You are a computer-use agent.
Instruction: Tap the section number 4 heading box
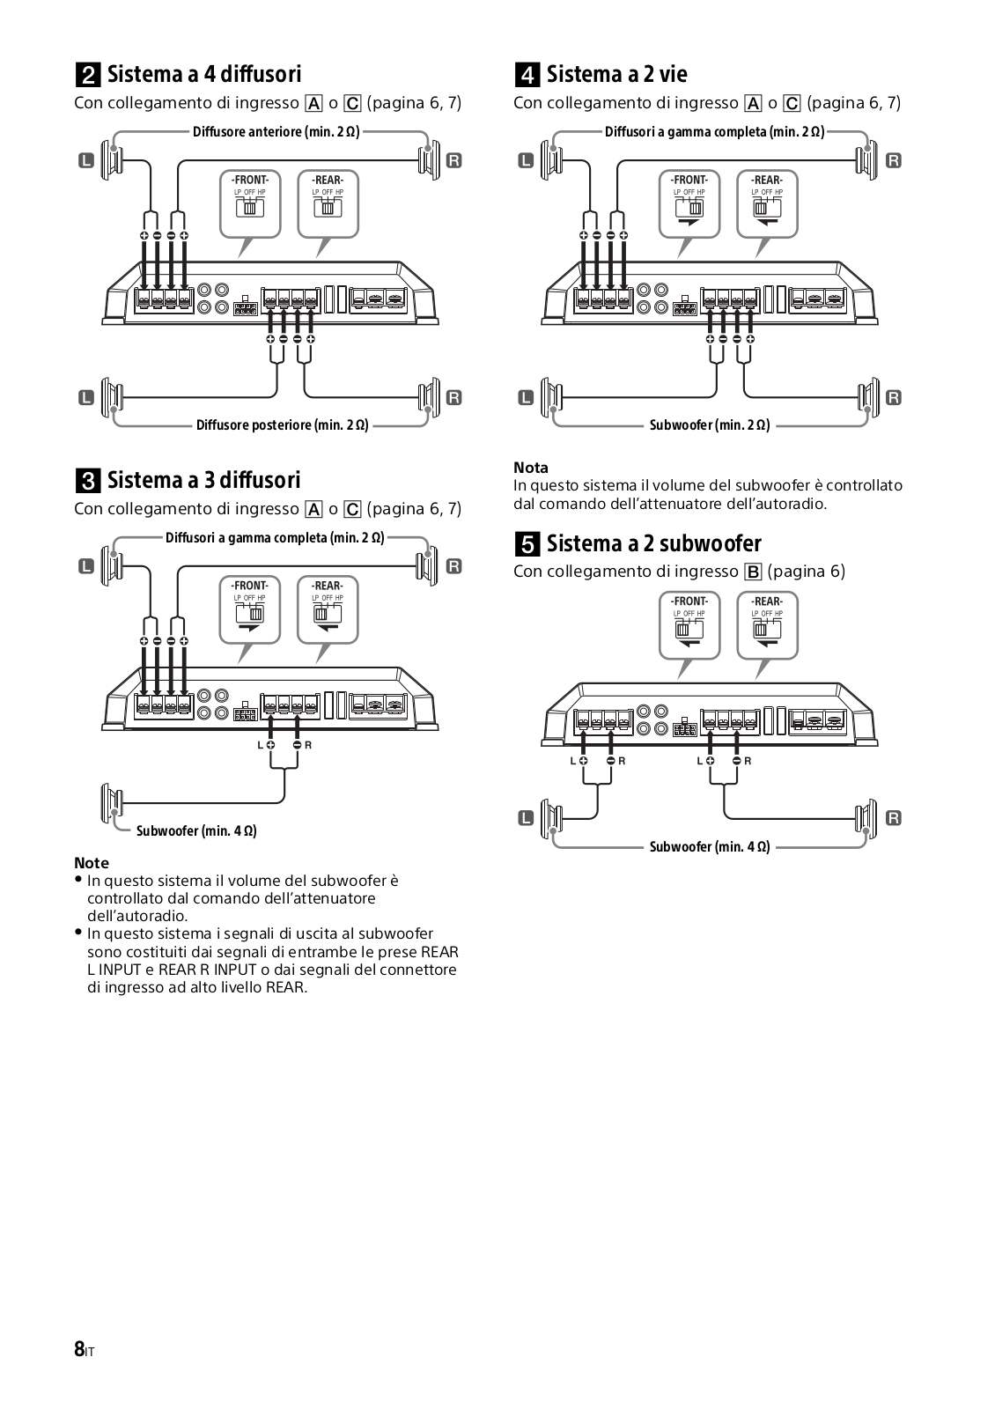[526, 74]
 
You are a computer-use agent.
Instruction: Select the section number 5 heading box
[526, 543]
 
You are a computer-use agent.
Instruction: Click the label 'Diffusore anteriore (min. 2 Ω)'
[276, 132]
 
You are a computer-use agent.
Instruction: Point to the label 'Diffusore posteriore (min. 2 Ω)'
[282, 425]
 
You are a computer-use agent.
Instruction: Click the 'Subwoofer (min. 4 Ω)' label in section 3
[196, 830]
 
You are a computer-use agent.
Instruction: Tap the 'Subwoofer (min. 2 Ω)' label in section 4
[710, 425]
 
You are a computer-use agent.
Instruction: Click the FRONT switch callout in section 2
[250, 203]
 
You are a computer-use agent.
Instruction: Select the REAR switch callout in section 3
[328, 609]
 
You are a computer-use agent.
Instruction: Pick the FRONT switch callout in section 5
[690, 624]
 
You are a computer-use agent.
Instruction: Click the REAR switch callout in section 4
[767, 203]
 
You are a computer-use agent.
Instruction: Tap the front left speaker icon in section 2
[112, 159]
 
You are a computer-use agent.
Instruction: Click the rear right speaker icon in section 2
[429, 397]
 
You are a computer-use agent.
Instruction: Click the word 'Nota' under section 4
[531, 468]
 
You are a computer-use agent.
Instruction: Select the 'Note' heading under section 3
[92, 863]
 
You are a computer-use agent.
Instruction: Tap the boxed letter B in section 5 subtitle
[753, 572]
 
